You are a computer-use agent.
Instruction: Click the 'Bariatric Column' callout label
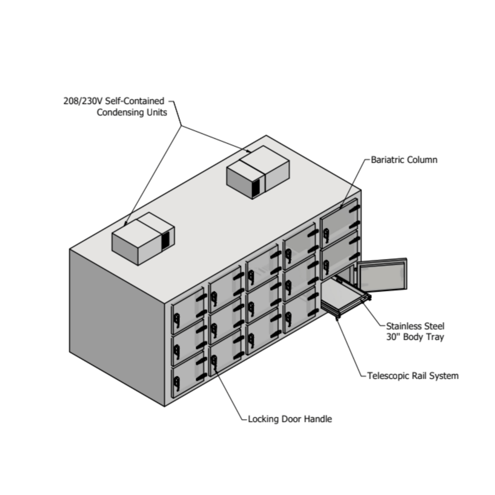coord(404,160)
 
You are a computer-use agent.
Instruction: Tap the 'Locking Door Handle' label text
coord(290,419)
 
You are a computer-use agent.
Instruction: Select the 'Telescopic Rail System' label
coord(412,376)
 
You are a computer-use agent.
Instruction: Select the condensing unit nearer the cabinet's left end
coord(142,238)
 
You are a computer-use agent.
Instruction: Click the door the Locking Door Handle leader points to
coord(225,354)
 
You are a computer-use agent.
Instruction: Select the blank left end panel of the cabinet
coord(117,326)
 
